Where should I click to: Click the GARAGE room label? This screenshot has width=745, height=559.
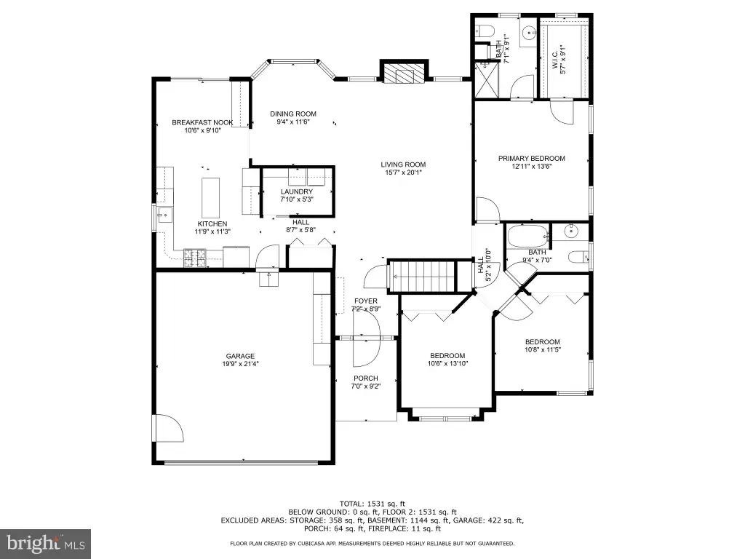240,356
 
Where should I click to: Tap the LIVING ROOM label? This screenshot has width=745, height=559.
403,165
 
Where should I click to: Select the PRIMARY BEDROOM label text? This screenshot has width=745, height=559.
531,158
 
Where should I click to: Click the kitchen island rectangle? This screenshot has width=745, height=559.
210,198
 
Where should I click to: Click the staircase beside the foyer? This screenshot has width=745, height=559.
422,276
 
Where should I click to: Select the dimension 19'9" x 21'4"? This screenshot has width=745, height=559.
240,364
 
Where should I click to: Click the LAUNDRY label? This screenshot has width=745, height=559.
297,191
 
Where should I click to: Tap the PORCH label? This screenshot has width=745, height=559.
365,378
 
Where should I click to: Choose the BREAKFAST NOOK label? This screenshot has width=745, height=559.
202,122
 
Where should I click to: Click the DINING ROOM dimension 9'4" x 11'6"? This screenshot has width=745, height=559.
293,122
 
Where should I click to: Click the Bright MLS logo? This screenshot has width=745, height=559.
46,542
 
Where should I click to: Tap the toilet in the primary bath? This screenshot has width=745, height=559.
483,31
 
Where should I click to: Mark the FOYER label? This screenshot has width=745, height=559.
365,301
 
